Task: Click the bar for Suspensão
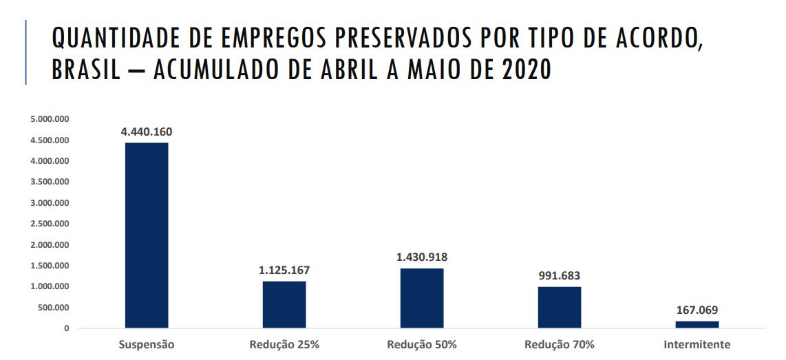click(x=147, y=235)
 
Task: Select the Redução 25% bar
click(x=284, y=304)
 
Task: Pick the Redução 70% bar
click(x=560, y=307)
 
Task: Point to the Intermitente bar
click(x=697, y=324)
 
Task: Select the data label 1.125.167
click(x=284, y=271)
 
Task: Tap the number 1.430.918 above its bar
click(x=422, y=257)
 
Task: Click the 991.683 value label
click(x=560, y=276)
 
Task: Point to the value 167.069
click(x=697, y=310)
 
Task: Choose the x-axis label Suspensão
click(x=147, y=345)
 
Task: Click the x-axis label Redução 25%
click(x=284, y=345)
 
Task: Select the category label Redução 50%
click(x=422, y=345)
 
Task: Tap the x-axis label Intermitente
click(x=697, y=345)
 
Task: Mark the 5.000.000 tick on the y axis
click(x=50, y=120)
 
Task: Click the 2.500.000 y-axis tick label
click(x=50, y=224)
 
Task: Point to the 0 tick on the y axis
click(x=66, y=328)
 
